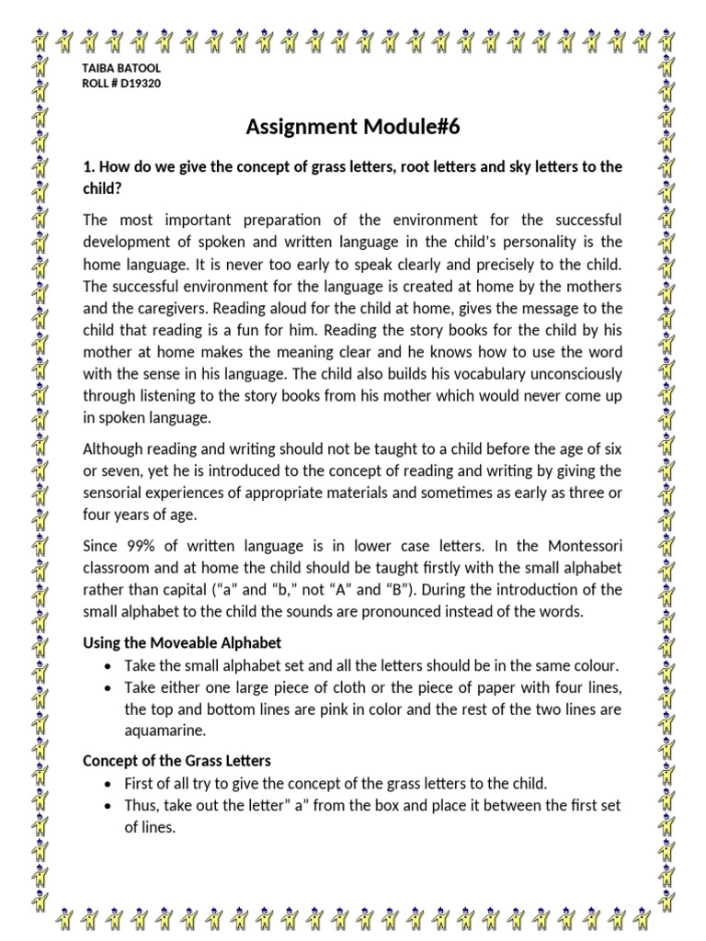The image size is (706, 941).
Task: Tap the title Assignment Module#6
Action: point(352,127)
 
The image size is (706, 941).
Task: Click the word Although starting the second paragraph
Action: point(113,449)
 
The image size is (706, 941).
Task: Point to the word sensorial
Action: point(112,493)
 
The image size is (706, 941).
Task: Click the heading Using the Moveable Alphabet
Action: point(182,642)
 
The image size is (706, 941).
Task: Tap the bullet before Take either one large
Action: point(110,687)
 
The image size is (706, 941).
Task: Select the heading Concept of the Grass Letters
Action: point(176,761)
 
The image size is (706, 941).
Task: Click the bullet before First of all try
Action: point(110,784)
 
